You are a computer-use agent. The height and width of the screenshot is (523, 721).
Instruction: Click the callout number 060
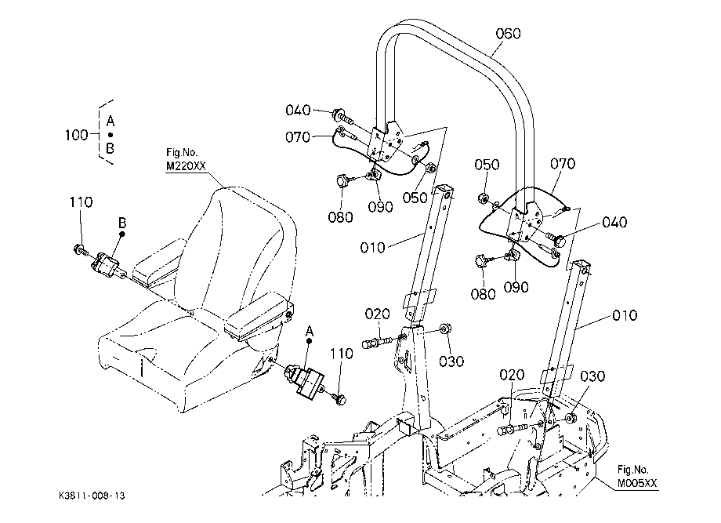coord(508,34)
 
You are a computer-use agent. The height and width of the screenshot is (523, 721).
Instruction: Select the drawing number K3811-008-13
coord(92,496)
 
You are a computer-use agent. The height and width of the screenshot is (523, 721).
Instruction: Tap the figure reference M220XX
coord(186,166)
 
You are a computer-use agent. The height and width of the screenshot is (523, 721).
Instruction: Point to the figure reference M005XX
coord(637,484)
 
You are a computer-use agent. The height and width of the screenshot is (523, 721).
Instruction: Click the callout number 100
coord(76,135)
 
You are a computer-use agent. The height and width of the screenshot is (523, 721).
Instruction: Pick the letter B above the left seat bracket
coord(121,223)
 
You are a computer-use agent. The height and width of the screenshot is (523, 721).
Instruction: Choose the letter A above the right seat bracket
coord(310,331)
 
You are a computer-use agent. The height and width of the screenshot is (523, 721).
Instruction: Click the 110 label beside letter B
coord(81,202)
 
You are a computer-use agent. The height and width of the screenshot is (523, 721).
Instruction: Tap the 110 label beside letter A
coord(341,354)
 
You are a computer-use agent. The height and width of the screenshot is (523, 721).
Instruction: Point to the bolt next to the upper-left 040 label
coord(342,116)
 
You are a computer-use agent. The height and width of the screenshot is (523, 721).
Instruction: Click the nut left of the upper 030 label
coord(444,329)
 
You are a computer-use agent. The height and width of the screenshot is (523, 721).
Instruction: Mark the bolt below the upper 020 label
coord(376,342)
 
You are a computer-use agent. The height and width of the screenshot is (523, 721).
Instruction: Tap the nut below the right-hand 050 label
coord(483,198)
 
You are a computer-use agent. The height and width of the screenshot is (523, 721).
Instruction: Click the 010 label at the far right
coord(625,315)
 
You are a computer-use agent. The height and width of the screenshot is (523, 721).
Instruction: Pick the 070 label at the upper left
coord(298,137)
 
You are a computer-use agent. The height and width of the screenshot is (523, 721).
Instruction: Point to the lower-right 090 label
coord(516,287)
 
